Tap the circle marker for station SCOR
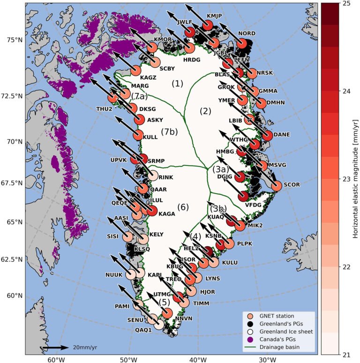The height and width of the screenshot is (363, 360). pos(277,185)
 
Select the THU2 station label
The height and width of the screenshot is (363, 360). pos(105,109)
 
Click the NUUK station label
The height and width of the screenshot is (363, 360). pos(113,274)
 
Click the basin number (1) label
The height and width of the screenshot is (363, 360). pos(177,83)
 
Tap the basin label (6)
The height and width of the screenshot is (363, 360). pos(183,206)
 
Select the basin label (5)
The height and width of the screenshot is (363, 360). pos(165,302)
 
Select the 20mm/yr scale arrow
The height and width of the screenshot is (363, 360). pos(55,348)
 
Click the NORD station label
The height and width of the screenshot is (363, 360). pos(247,34)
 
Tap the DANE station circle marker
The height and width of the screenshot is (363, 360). pos(267,135)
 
